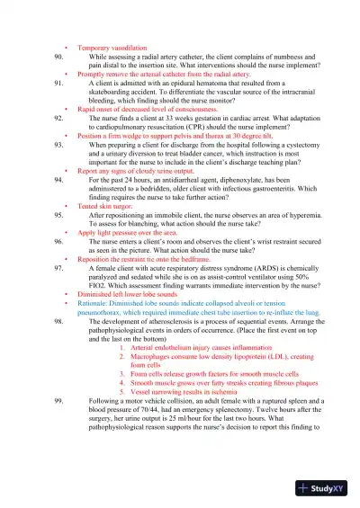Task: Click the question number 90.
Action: point(58,56)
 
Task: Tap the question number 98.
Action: point(58,320)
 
